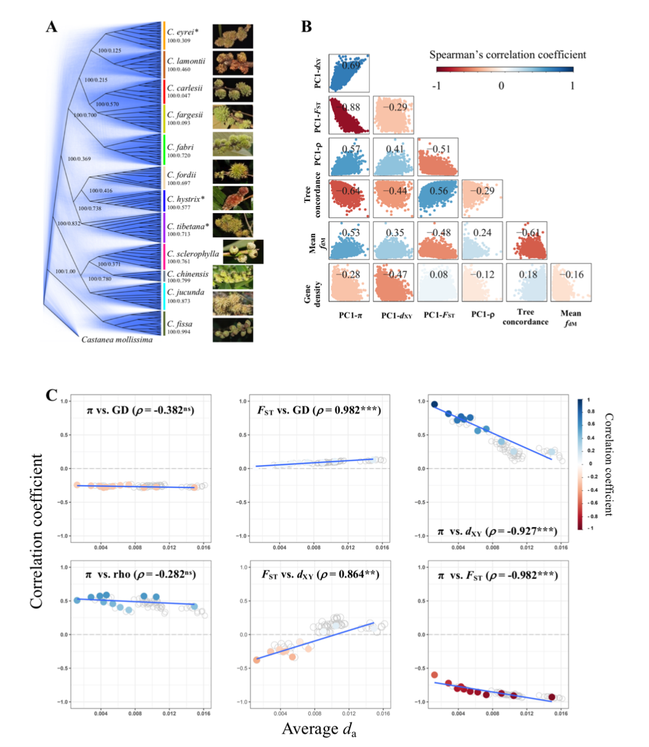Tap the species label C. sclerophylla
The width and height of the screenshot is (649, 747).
pos(193,253)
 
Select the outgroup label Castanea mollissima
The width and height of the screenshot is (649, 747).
pos(117,339)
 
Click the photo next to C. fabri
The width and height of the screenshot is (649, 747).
pos(233,144)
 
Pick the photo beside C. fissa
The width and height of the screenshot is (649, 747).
pos(233,329)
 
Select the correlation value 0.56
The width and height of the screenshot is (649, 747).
pos(438,191)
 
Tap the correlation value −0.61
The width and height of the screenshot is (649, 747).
pos(527,233)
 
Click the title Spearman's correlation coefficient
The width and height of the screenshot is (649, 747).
pos(508,55)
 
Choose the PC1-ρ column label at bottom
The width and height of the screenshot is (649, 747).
pos(482,314)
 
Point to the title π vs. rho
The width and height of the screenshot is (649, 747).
pos(140,575)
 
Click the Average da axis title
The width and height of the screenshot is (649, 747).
pos(319,729)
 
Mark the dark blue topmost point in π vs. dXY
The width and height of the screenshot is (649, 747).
pos(434,404)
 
